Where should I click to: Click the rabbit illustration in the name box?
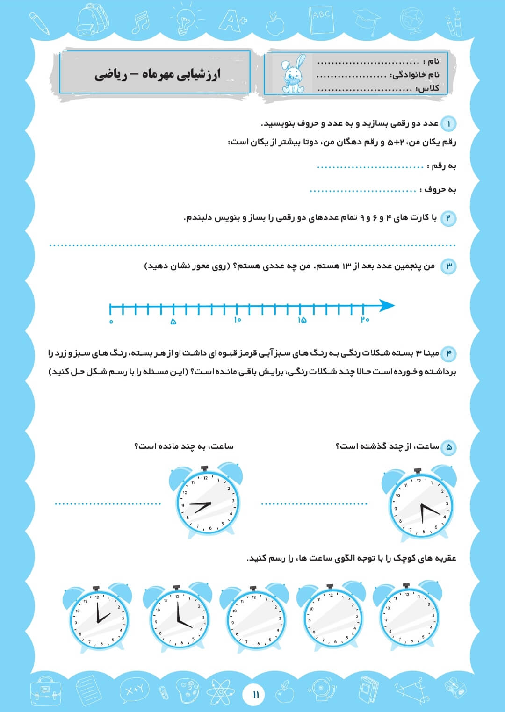(x=294, y=73)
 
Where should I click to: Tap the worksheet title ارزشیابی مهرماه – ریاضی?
(x=158, y=74)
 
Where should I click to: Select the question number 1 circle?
(x=448, y=124)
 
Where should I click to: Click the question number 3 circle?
(x=448, y=266)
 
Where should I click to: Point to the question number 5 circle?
(x=448, y=447)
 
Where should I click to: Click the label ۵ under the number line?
(x=173, y=321)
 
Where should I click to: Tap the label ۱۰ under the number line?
(x=238, y=320)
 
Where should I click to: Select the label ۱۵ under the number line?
(x=302, y=320)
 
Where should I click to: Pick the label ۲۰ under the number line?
(x=365, y=319)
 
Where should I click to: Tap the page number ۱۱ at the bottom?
(x=256, y=694)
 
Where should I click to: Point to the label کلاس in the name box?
(x=428, y=88)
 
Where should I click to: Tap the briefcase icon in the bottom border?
(x=46, y=691)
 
